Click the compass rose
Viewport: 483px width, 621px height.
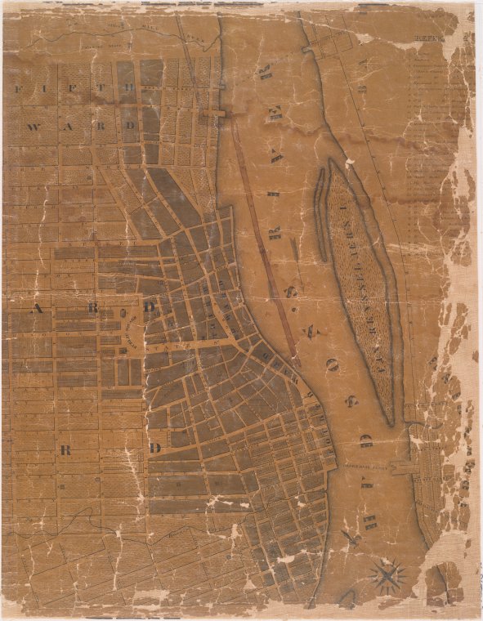point(387,575)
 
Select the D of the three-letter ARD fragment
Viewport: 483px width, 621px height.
point(150,309)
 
